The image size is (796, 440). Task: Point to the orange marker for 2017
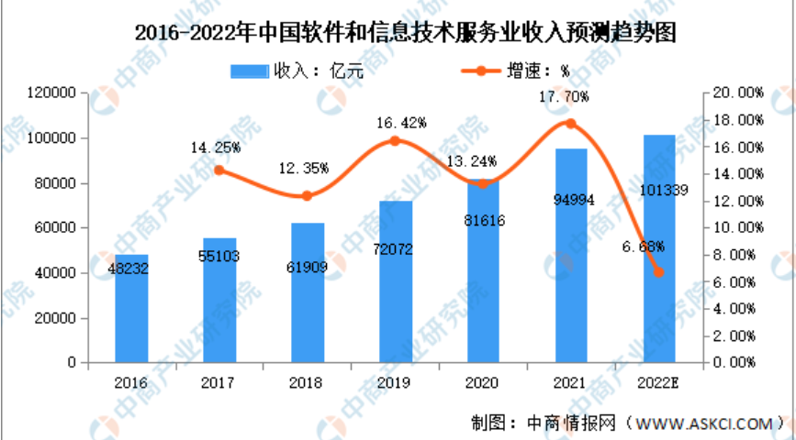tap(219, 170)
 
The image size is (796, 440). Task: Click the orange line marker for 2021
tap(570, 124)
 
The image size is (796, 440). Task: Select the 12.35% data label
tap(307, 168)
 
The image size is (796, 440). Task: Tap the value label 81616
tap(483, 221)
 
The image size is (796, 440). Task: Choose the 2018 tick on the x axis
tap(307, 381)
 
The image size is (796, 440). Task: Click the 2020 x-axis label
tap(483, 381)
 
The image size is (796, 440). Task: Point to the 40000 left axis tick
tap(58, 273)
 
